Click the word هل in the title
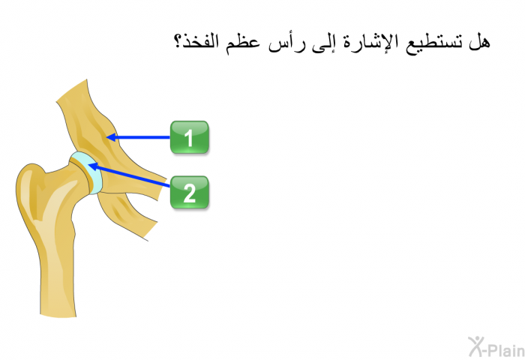coord(479,42)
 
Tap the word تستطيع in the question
coord(433,43)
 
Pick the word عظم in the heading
coord(243,43)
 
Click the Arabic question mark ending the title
coord(178,41)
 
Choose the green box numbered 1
coord(190,137)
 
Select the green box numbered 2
coord(190,193)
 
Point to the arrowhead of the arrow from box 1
coord(110,137)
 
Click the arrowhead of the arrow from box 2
coord(92,166)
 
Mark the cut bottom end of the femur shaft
coord(58,315)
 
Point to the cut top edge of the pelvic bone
coord(71,90)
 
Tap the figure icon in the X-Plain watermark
coord(476,346)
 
